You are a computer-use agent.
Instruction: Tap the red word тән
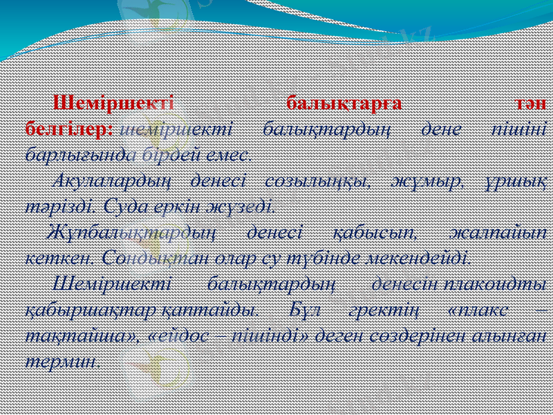coord(532,104)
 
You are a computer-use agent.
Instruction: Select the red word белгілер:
coord(68,129)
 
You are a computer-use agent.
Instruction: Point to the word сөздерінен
coord(415,335)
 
